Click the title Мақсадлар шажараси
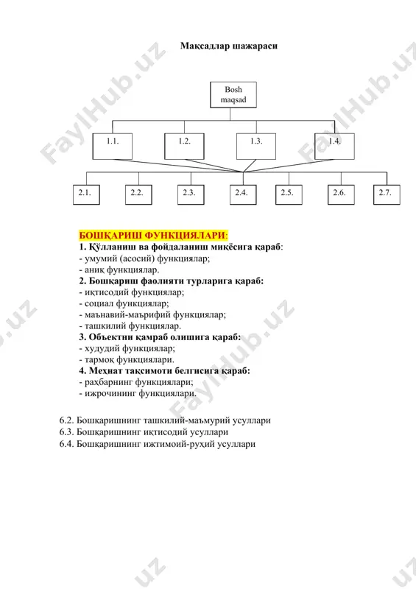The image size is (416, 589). coord(229,46)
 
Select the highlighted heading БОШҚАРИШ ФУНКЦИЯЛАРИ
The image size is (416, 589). coord(152,236)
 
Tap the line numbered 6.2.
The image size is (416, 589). coord(165,420)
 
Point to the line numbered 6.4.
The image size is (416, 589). coord(158,444)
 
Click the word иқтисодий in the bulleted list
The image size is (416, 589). coord(102,292)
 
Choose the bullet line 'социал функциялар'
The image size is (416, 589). coord(124,303)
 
